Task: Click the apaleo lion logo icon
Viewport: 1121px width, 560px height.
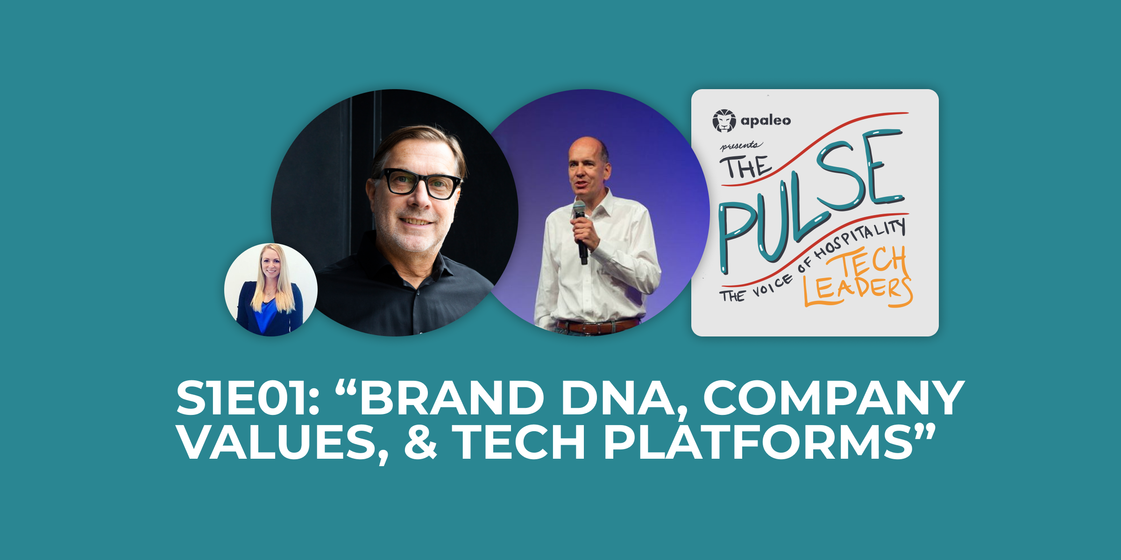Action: (724, 121)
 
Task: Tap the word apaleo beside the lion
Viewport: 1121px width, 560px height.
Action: (766, 121)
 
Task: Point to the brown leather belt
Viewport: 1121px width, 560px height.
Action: (598, 325)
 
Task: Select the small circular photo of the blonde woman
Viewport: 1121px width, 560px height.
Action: (271, 290)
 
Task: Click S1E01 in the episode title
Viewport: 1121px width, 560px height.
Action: (248, 398)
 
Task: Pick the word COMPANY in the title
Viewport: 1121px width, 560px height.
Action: (834, 398)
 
